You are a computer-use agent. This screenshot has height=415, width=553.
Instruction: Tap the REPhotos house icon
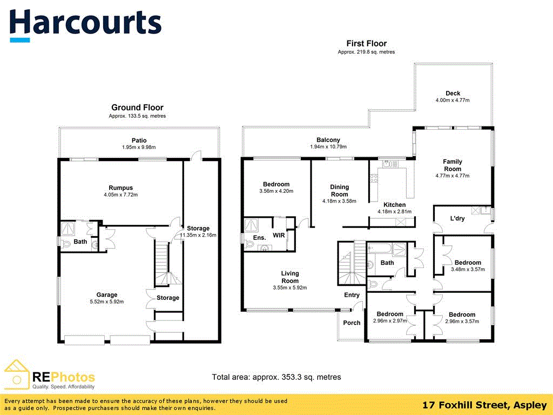click(16, 375)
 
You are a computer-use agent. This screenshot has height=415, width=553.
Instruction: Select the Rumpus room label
click(120, 188)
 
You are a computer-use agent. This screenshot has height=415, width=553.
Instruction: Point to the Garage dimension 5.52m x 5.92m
click(107, 302)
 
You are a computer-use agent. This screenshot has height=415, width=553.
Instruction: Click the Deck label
click(453, 93)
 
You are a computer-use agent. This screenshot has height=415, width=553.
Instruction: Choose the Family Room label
click(453, 165)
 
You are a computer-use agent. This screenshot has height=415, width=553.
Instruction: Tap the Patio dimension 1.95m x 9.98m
click(139, 147)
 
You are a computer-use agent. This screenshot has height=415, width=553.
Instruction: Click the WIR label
click(279, 236)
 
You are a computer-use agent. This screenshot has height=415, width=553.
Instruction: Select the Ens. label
click(259, 238)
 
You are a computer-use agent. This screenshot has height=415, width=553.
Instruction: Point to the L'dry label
click(457, 218)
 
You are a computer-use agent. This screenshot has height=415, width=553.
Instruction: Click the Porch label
click(352, 323)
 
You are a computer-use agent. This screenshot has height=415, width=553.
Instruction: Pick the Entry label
click(352, 295)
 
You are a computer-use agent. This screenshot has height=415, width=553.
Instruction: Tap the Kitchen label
click(395, 205)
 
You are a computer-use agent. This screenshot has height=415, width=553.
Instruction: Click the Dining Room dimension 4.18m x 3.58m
click(339, 201)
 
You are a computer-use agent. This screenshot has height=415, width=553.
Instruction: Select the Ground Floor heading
click(138, 108)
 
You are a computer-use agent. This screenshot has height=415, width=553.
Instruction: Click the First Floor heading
click(367, 43)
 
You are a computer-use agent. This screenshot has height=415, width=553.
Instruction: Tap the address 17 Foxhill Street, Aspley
click(484, 405)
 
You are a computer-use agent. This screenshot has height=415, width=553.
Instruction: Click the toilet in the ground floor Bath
click(66, 244)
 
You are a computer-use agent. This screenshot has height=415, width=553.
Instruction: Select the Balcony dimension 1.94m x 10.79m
click(328, 146)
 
